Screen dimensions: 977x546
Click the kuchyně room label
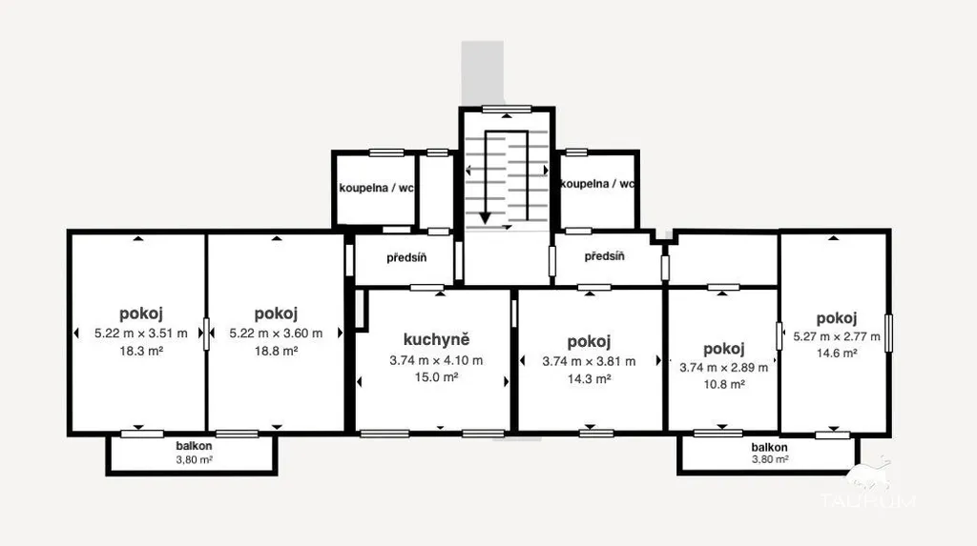click(x=436, y=340)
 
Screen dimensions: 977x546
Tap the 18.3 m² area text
click(x=141, y=351)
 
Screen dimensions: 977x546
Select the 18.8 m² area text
click(x=276, y=351)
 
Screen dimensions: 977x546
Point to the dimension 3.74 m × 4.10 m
click(x=436, y=360)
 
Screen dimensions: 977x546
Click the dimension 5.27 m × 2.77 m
click(x=837, y=336)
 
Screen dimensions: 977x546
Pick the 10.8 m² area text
click(x=724, y=385)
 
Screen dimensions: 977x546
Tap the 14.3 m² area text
click(x=589, y=379)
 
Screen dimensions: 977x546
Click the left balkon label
click(x=194, y=446)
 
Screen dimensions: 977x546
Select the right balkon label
click(x=770, y=447)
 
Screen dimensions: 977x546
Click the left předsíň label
click(x=406, y=257)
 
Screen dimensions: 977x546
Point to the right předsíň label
click(x=604, y=256)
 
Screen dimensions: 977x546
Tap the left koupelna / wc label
click(x=376, y=188)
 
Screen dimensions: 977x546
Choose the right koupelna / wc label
click(x=597, y=184)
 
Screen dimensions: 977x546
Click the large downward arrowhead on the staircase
click(x=486, y=218)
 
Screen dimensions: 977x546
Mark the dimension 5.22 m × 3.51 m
click(x=141, y=334)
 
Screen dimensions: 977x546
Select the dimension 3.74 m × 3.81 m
click(x=589, y=362)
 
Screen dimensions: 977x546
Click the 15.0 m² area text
click(x=436, y=377)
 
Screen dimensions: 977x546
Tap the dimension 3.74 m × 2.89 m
click(x=724, y=368)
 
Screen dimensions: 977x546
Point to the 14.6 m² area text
click(x=837, y=354)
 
